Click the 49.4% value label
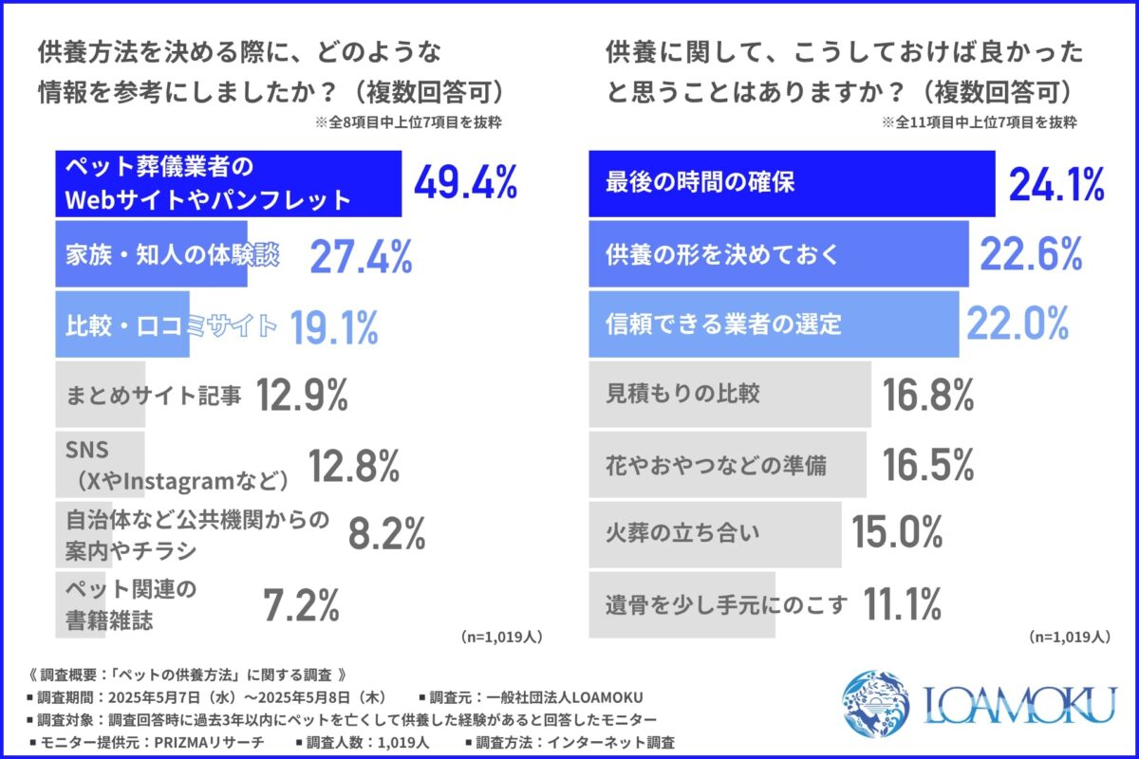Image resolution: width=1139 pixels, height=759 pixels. tap(465, 183)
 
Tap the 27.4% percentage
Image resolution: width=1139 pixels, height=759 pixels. tap(361, 256)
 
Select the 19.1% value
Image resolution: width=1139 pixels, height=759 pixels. tap(333, 327)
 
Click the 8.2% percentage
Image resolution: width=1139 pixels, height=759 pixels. tap(386, 536)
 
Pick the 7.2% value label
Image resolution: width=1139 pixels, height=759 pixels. tap(300, 604)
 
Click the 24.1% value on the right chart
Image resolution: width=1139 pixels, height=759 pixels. tap(1055, 184)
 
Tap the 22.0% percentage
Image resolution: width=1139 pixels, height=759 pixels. tap(1018, 324)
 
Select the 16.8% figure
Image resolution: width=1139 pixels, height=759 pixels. tap(928, 395)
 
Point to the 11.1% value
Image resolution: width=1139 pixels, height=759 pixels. tap(902, 603)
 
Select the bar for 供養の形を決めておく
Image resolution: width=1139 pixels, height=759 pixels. tap(778, 254)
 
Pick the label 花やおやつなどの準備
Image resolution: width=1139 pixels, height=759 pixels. tap(716, 465)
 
